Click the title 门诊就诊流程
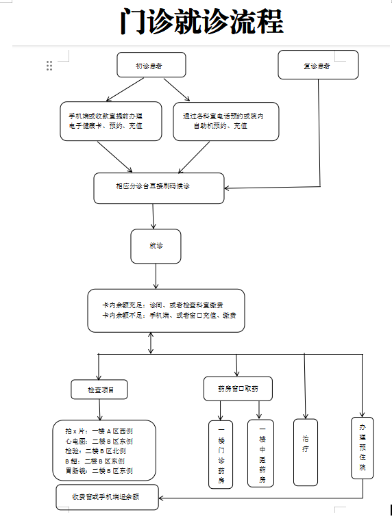[200, 22]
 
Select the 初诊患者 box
[151, 65]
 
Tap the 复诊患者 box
[317, 65]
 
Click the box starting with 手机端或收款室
[110, 121]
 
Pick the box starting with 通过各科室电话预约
[226, 121]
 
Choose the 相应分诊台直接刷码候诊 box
[159, 188]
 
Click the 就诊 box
[156, 246]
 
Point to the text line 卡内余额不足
[169, 316]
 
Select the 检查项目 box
[99, 390]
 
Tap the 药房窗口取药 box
[238, 389]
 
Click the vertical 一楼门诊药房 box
[221, 454]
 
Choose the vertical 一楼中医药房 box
[260, 453]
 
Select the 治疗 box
[305, 447]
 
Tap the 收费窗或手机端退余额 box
[107, 497]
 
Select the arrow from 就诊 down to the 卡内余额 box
[156, 276]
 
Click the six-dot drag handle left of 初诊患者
[49, 66]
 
